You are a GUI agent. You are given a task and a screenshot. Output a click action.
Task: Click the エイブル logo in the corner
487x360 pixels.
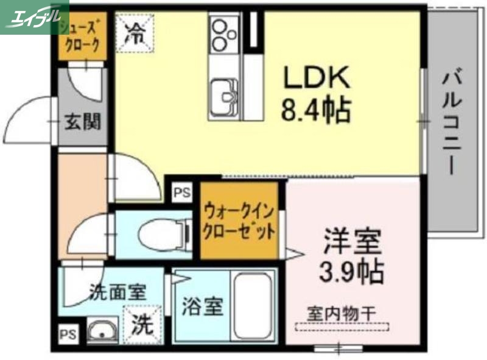click(34, 16)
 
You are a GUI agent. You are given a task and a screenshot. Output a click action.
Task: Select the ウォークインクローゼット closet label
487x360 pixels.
click(239, 223)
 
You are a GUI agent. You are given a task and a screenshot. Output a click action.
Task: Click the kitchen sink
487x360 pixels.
click(225, 96)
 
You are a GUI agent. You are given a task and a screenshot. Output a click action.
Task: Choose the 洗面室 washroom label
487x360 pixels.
click(117, 292)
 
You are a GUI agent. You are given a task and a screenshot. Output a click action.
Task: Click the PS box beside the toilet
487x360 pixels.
click(181, 194)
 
